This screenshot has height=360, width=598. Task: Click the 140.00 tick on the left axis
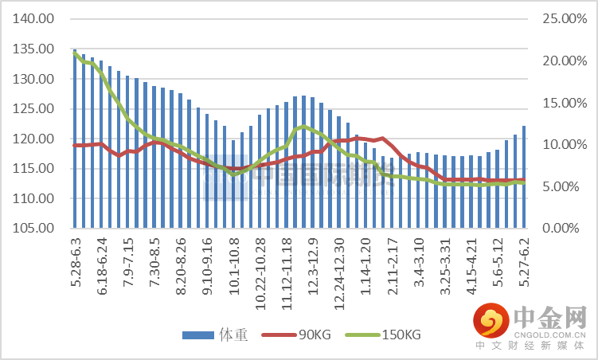pyautogui.click(x=36, y=18)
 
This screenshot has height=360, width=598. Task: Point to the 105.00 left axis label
pyautogui.click(x=36, y=229)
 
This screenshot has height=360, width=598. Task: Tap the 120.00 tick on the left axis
pyautogui.click(x=36, y=139)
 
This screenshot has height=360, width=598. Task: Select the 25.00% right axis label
pyautogui.click(x=561, y=18)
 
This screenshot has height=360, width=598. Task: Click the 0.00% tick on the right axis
pyautogui.click(x=564, y=229)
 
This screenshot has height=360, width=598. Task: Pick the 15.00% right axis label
pyautogui.click(x=561, y=103)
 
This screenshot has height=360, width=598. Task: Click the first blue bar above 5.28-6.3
pyautogui.click(x=75, y=139)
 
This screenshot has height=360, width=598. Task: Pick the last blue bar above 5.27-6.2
pyautogui.click(x=523, y=177)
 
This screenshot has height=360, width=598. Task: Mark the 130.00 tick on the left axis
pyautogui.click(x=36, y=79)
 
